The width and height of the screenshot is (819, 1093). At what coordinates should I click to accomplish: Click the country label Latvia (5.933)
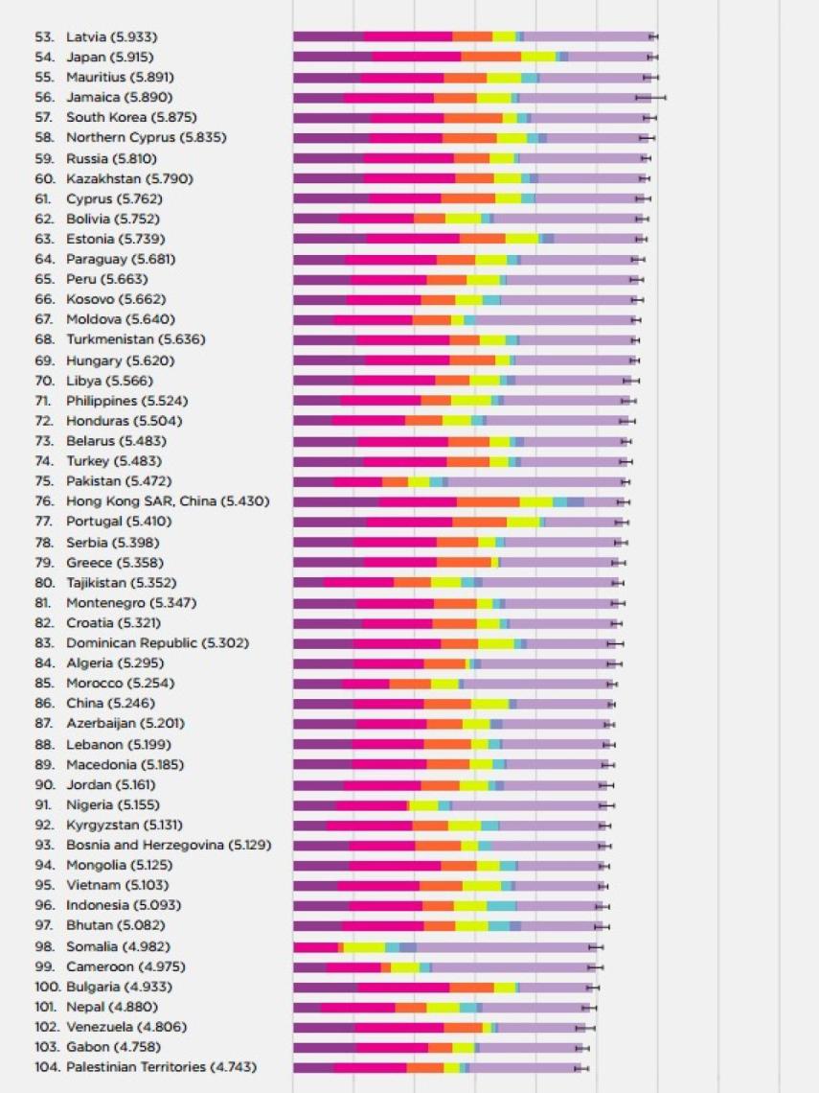111,37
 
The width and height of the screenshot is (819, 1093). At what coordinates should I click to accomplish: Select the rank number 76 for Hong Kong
44,501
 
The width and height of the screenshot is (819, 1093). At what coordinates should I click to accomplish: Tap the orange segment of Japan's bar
490,58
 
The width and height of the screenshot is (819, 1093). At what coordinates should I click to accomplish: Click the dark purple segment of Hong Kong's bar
335,501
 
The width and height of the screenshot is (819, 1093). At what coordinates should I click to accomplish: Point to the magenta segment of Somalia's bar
315,947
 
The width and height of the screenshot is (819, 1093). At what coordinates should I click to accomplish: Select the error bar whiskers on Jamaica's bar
650,98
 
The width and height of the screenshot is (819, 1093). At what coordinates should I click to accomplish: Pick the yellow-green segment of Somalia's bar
364,947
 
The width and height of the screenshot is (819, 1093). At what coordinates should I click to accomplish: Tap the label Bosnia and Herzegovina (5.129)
169,846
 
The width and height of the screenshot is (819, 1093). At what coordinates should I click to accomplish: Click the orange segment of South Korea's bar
473,118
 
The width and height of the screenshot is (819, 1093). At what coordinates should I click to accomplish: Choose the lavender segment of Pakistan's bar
536,481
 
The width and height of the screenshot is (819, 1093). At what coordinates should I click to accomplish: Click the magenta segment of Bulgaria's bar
403,988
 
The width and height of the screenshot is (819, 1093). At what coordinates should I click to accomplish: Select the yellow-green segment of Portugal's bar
523,522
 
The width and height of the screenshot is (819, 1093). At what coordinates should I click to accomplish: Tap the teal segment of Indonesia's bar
501,906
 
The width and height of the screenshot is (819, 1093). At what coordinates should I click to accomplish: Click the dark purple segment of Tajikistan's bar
307,582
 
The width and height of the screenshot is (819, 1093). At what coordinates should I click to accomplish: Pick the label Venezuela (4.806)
126,1027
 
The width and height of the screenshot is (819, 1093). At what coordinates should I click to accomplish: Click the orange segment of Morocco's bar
410,684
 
